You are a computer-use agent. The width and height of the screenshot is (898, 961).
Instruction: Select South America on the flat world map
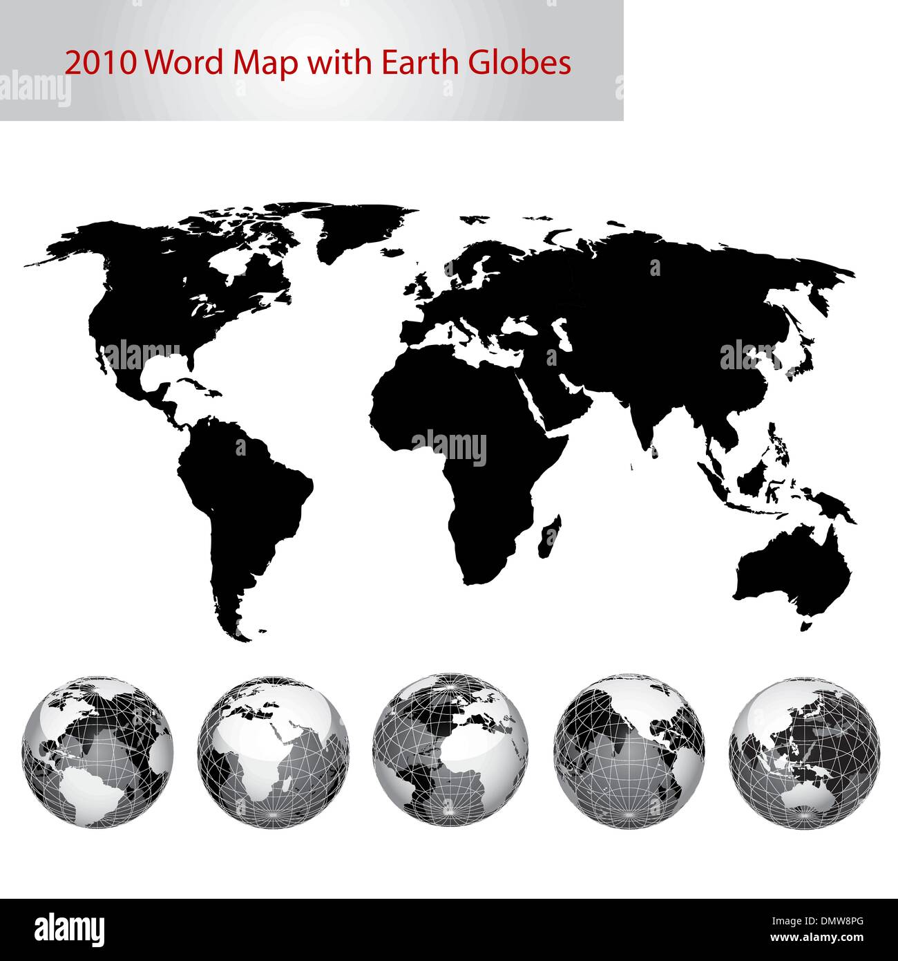click(242, 498)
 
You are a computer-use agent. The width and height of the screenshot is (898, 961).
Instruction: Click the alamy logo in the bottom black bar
click(70, 929)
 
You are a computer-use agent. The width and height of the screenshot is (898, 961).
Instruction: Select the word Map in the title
click(267, 63)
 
